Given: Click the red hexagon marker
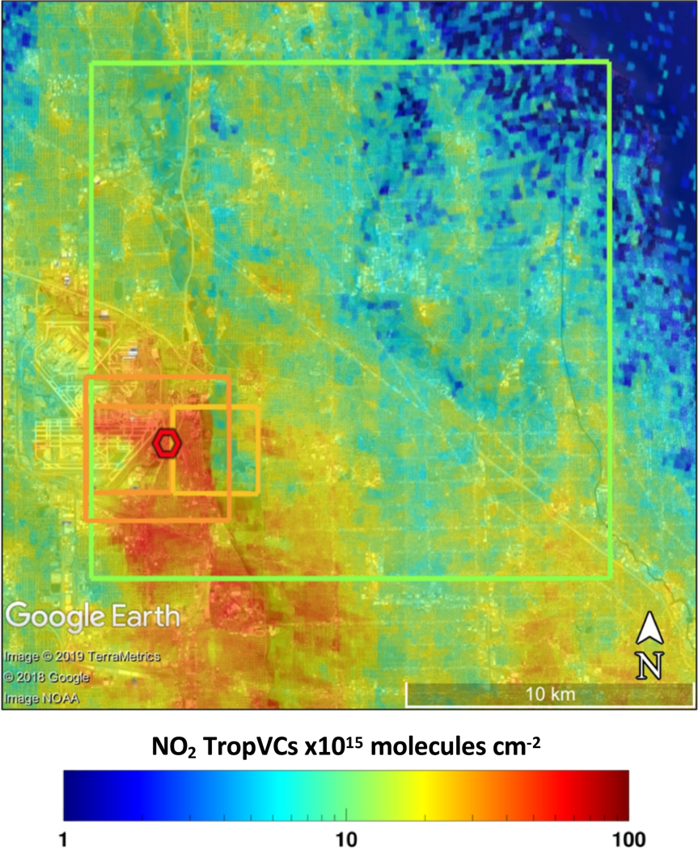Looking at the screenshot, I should (167, 443).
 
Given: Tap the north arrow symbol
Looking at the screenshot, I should (651, 629).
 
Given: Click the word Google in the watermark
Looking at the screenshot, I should (55, 616).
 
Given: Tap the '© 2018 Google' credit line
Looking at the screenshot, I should (46, 677).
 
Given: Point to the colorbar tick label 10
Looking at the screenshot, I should (346, 838).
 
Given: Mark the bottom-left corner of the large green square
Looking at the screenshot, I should (91, 577).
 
